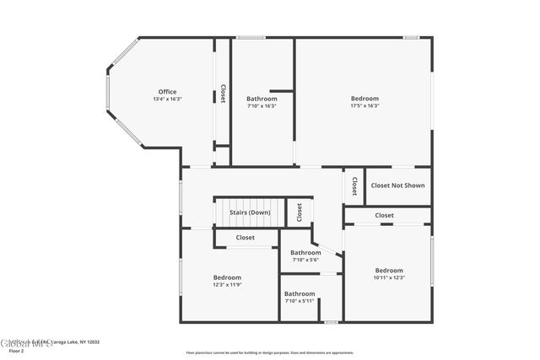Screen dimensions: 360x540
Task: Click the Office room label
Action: coord(167,92)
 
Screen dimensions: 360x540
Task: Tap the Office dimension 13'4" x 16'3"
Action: coord(167,99)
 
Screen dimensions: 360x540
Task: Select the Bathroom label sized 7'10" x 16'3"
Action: coord(262,99)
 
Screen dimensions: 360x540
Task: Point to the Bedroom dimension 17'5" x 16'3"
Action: coord(364,105)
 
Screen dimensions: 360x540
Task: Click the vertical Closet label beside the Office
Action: coord(223,93)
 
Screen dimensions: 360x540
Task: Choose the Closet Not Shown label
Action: coord(397,185)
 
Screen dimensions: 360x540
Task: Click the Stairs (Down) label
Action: coord(250,212)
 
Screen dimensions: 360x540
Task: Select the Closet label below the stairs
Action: coord(245,238)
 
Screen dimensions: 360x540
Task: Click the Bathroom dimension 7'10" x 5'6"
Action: coord(305,260)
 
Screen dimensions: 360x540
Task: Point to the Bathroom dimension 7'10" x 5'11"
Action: coord(300,301)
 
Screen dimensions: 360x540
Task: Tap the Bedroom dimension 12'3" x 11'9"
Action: coord(227,285)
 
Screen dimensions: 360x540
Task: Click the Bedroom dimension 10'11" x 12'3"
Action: coord(389,277)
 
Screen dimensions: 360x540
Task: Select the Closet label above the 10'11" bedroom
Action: coord(385,216)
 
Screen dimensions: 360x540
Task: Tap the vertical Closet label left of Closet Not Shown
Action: coord(354,185)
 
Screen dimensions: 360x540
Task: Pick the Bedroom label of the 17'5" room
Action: coord(364,99)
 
